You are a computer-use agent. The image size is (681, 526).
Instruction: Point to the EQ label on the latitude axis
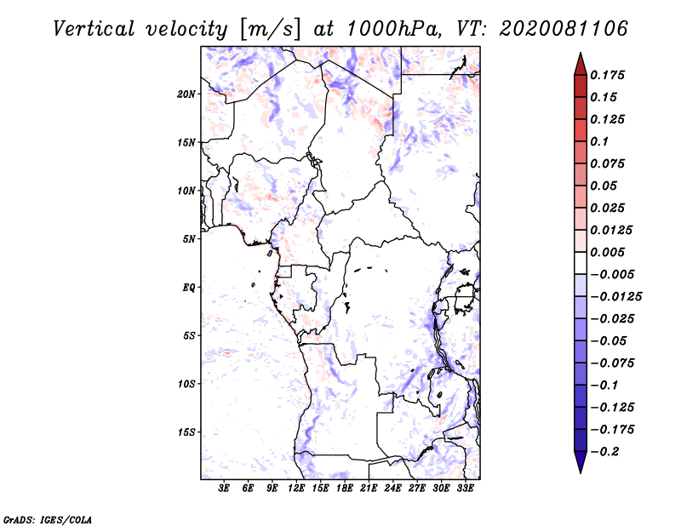tap(189, 288)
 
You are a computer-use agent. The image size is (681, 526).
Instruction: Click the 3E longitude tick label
tap(224, 489)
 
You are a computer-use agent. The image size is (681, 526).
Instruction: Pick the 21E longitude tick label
tap(368, 489)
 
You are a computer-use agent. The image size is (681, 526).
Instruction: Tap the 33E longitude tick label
tap(464, 489)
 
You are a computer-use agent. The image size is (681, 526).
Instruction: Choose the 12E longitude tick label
tap(295, 489)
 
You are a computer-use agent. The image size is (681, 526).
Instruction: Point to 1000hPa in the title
tap(392, 28)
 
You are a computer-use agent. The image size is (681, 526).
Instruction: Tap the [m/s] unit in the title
tap(271, 29)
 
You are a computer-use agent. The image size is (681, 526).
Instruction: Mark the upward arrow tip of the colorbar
tap(580, 54)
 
